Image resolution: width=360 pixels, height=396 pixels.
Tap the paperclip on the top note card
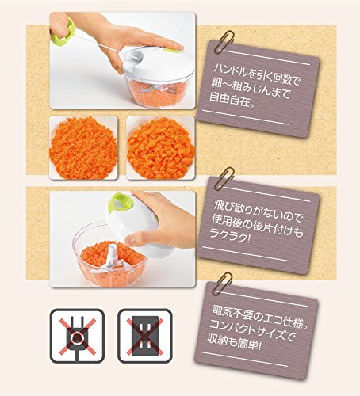[x=224, y=42]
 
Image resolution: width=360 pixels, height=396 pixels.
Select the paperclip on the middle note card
[x=224, y=178]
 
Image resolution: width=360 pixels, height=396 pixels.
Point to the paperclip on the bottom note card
[x=222, y=283]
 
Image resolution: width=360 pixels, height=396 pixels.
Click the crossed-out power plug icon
[x=77, y=336]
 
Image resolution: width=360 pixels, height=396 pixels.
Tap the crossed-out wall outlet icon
[x=145, y=336]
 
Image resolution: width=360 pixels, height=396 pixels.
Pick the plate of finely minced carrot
[x=83, y=148]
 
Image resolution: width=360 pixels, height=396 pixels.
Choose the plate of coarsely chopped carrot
[x=161, y=148]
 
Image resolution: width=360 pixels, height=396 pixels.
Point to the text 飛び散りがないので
[x=258, y=213]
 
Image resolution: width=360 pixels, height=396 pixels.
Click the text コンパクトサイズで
[x=251, y=330]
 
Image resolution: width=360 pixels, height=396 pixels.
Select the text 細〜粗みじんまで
[x=251, y=88]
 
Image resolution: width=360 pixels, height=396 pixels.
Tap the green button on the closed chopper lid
[x=171, y=51]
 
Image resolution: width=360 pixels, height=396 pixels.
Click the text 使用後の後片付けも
[x=256, y=225]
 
